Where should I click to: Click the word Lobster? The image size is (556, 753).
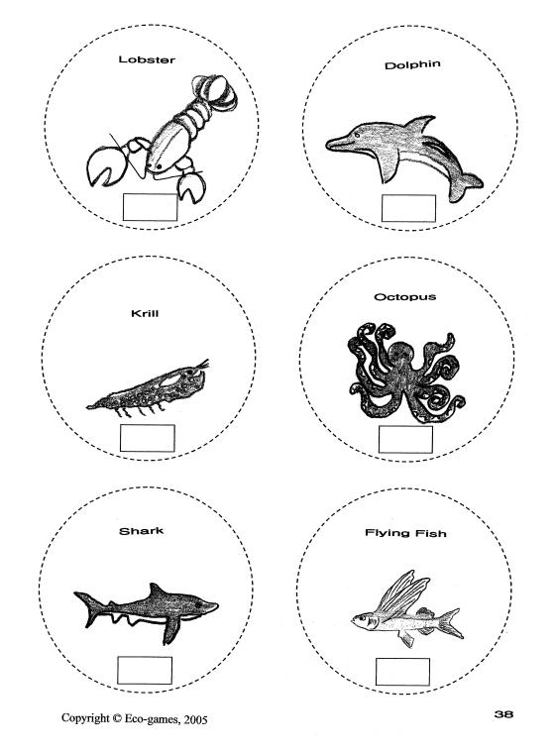[147, 59]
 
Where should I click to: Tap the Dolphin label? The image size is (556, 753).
[412, 64]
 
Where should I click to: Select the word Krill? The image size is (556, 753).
[145, 314]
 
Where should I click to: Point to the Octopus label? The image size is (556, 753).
[404, 297]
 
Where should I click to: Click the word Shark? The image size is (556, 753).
[142, 531]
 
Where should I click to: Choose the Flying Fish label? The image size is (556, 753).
[405, 533]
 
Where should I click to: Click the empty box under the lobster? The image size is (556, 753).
[150, 207]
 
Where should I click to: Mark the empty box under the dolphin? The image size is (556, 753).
[408, 208]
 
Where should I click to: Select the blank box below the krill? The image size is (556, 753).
[147, 438]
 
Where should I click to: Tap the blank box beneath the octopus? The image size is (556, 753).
[405, 439]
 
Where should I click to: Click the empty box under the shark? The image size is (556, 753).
[145, 671]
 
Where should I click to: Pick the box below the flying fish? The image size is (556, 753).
[402, 672]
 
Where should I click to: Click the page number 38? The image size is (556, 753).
[503, 714]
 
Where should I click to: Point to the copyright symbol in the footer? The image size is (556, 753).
[117, 718]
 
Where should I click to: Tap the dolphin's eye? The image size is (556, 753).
[357, 136]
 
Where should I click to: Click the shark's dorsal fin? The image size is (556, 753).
[156, 591]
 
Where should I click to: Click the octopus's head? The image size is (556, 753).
[402, 354]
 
